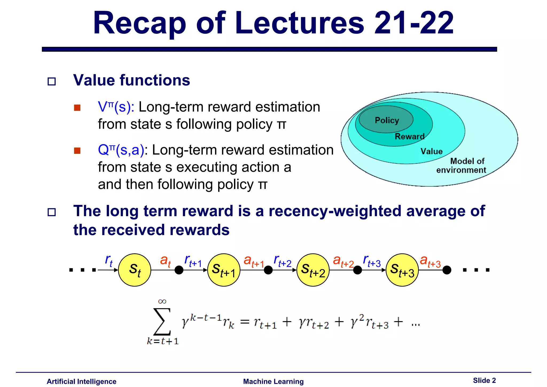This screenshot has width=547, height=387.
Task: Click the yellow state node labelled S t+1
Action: pyautogui.click(x=224, y=270)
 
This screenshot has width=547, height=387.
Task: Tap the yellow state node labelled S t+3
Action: pyautogui.click(x=402, y=270)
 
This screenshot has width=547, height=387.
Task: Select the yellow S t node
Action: pyautogui.click(x=135, y=270)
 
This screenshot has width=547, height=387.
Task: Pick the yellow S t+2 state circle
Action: pyautogui.click(x=313, y=270)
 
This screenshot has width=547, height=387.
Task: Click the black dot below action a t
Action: pyautogui.click(x=179, y=270)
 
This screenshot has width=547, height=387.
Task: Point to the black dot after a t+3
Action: pyautogui.click(x=447, y=270)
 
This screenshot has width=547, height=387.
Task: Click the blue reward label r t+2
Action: pyautogui.click(x=282, y=261)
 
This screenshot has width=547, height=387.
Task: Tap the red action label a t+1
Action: pyautogui.click(x=253, y=261)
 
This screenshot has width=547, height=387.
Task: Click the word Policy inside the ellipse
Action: pyautogui.click(x=387, y=120)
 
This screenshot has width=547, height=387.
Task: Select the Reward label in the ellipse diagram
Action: pyautogui.click(x=409, y=136)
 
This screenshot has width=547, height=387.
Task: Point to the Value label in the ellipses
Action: pyautogui.click(x=431, y=151)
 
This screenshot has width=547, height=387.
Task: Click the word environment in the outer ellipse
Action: pyautogui.click(x=461, y=170)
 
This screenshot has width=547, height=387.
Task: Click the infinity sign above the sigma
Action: pyautogui.click(x=162, y=302)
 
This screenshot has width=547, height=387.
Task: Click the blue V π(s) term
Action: pyautogui.click(x=116, y=107)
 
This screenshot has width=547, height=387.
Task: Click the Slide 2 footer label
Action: pyautogui.click(x=484, y=380)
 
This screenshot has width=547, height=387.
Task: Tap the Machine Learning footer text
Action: pyautogui.click(x=273, y=381)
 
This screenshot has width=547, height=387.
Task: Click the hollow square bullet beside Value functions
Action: pyautogui.click(x=52, y=81)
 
